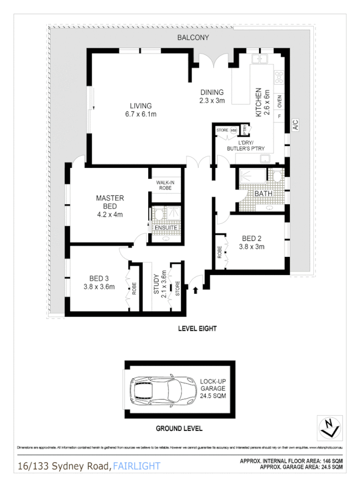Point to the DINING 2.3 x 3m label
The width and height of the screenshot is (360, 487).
pyautogui.click(x=212, y=97)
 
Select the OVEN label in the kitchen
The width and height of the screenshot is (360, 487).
pyautogui.click(x=279, y=101)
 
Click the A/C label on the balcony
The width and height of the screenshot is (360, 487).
pyautogui.click(x=295, y=125)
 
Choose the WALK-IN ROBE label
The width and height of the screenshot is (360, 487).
pyautogui.click(x=165, y=185)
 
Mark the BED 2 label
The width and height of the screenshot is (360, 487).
pyautogui.click(x=253, y=243)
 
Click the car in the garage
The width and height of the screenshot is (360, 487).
pyautogui.click(x=156, y=390)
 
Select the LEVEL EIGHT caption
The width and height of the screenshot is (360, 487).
pyautogui.click(x=197, y=329)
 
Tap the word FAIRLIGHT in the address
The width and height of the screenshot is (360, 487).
pyautogui.click(x=137, y=467)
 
